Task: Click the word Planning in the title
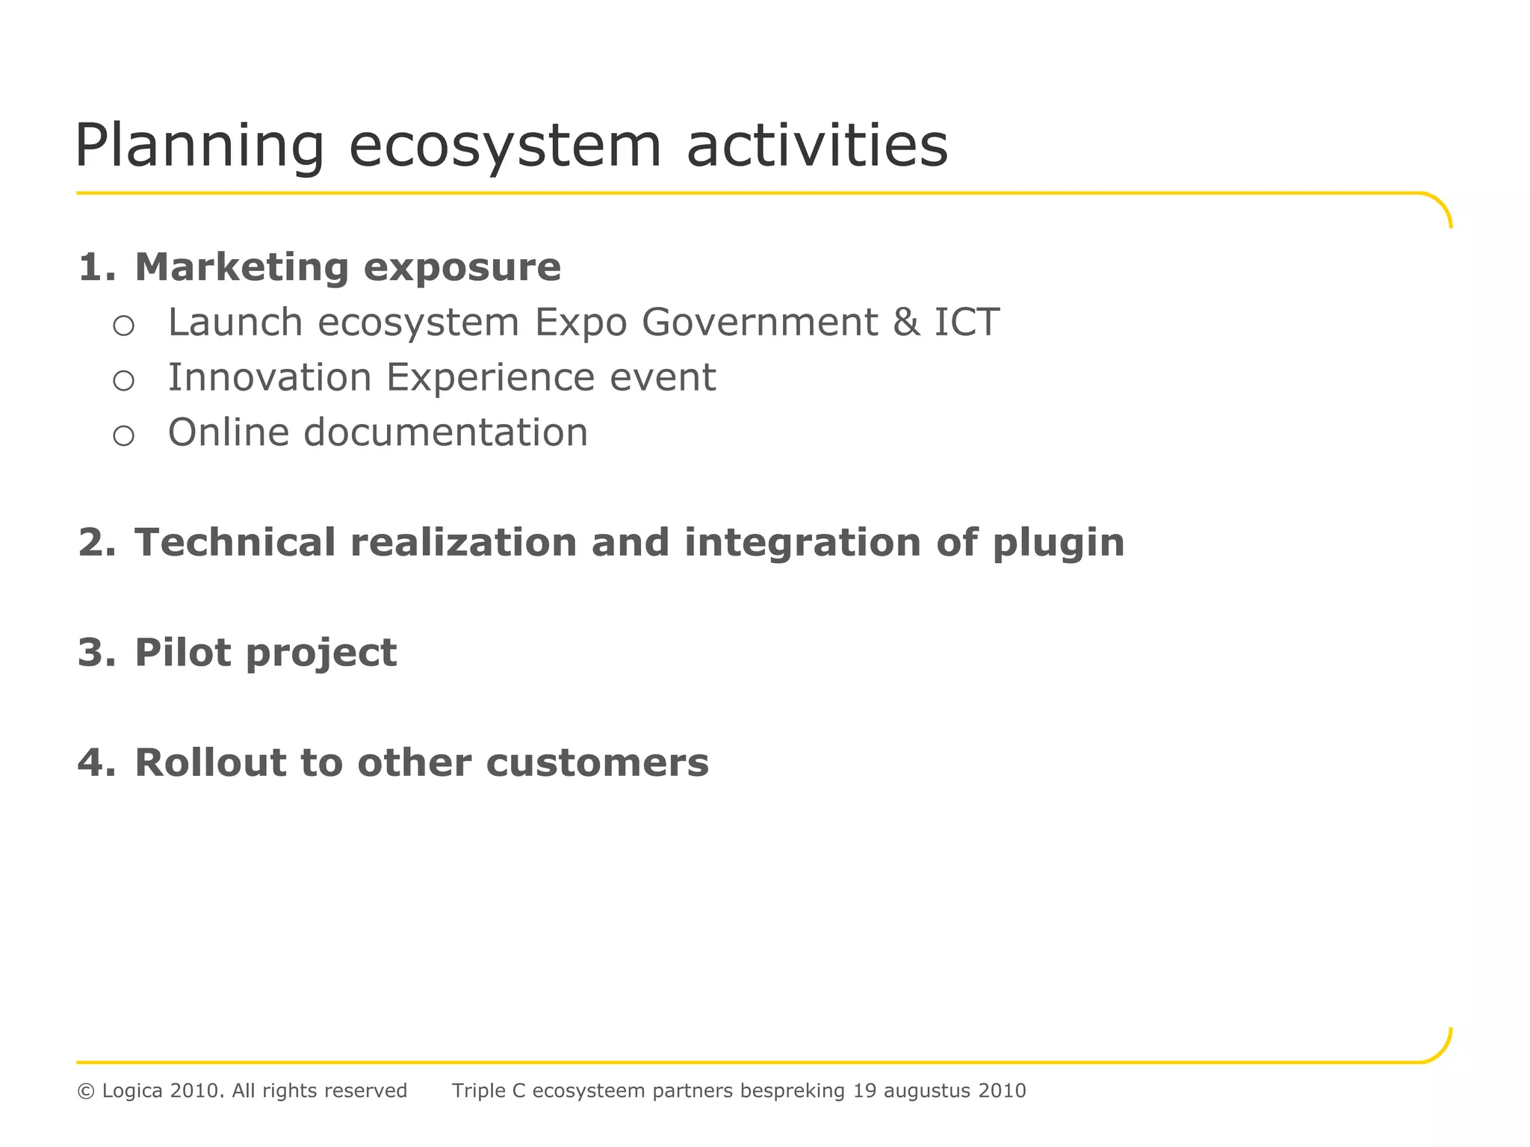click(x=199, y=146)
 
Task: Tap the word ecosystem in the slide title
click(x=505, y=146)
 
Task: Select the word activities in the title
click(x=817, y=145)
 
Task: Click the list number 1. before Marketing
click(x=97, y=267)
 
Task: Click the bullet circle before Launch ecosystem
click(x=123, y=326)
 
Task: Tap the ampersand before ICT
click(x=906, y=323)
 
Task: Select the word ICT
click(x=967, y=323)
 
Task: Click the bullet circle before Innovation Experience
click(x=123, y=381)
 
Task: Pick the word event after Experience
click(x=663, y=378)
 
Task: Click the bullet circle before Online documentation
click(x=123, y=435)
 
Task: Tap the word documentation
click(x=445, y=432)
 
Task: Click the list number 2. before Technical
click(x=97, y=542)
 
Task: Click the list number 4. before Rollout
click(x=97, y=763)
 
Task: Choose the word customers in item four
click(x=597, y=763)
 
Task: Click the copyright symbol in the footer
click(x=86, y=1091)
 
